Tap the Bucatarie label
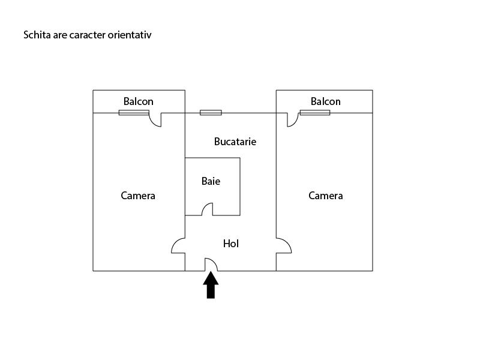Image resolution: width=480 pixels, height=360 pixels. (x=235, y=142)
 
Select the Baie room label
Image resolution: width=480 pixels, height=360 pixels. (x=211, y=181)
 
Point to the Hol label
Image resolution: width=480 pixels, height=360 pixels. (x=231, y=244)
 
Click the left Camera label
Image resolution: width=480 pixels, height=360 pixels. (x=138, y=196)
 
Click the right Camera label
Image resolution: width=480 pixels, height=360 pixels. (x=326, y=196)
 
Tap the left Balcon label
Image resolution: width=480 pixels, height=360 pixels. (x=139, y=101)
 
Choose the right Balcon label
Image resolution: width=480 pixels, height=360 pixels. (x=326, y=101)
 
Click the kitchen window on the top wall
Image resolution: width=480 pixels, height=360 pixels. (x=211, y=112)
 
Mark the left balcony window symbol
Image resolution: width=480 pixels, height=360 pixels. (x=134, y=112)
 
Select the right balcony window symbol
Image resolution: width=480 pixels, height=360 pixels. (x=315, y=112)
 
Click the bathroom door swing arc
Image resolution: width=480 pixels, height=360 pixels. (x=207, y=209)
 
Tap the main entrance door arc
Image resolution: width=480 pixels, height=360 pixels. (x=211, y=264)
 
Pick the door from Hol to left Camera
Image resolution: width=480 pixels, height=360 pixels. (x=178, y=246)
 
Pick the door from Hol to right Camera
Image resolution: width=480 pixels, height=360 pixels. (x=283, y=245)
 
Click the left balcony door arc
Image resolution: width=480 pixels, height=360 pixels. (x=155, y=120)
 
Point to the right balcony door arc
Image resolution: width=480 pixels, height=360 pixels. (x=293, y=120)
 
